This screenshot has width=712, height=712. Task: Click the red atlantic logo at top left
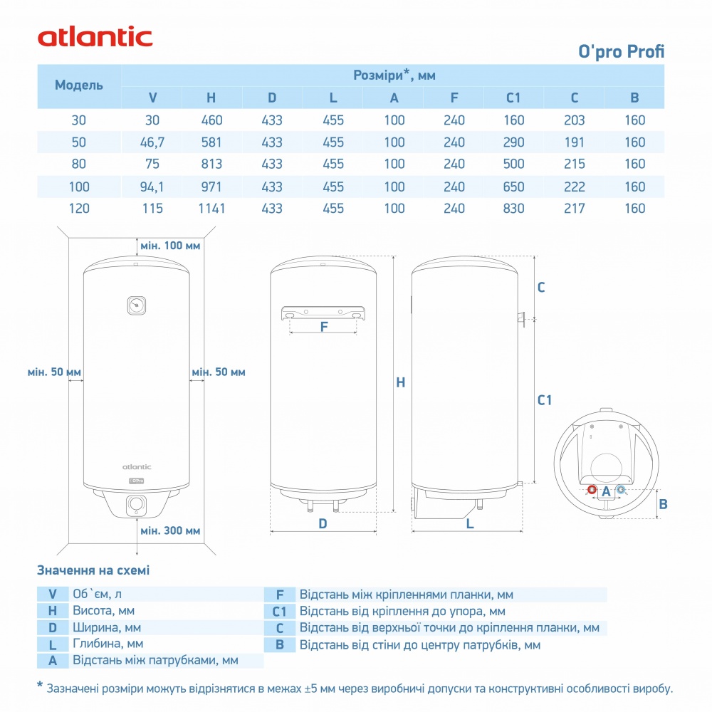(95, 36)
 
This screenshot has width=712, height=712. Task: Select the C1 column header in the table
(513, 98)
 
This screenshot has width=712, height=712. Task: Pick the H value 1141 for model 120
(212, 209)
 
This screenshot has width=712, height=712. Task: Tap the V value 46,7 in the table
(152, 142)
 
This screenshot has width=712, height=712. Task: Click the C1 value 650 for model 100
(513, 187)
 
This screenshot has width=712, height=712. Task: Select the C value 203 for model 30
(574, 120)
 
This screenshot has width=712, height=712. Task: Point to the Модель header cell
(79, 85)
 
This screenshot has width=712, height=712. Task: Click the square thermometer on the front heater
(136, 305)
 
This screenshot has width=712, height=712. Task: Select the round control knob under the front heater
(136, 505)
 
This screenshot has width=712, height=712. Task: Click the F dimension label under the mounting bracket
(323, 328)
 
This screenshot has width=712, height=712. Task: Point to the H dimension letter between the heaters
(401, 382)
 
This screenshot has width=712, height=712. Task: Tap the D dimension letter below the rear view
(323, 523)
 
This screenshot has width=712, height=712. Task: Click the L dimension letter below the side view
(470, 523)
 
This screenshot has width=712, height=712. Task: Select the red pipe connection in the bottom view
(592, 490)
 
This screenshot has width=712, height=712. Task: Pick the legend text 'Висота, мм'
(103, 610)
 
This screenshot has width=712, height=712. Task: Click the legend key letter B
(280, 644)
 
